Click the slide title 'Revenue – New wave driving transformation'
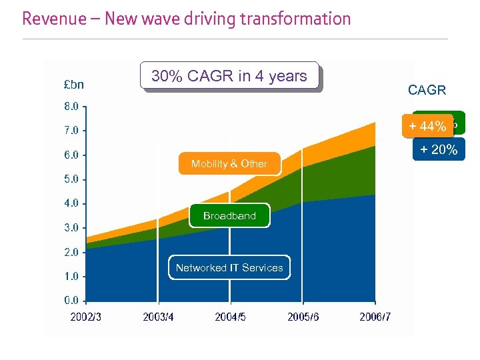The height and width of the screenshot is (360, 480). (186, 19)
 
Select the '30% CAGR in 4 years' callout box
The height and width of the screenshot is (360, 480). (229, 76)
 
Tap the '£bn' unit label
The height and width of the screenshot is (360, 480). (73, 85)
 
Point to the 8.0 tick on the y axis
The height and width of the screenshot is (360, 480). (71, 106)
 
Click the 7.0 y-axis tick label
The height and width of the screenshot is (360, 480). (71, 131)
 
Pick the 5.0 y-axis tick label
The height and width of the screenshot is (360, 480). (71, 179)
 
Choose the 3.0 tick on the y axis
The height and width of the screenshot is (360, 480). (71, 228)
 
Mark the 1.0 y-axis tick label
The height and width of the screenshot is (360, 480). (71, 277)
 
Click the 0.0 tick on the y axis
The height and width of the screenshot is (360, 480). (71, 301)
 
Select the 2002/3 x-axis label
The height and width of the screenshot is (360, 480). (86, 317)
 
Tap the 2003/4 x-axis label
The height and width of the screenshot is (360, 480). (158, 317)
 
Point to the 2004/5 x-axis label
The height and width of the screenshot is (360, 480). (230, 317)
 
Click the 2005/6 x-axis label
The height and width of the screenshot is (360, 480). (303, 317)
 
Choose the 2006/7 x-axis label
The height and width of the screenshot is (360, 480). (375, 317)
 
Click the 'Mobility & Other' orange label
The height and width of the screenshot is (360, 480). (229, 164)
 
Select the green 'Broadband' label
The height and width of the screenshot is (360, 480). (229, 216)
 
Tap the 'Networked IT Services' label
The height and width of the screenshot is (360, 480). (229, 268)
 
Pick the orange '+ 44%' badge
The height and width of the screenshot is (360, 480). (427, 127)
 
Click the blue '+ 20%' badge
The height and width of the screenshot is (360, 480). (439, 151)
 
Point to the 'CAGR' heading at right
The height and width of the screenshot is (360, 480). (427, 90)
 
